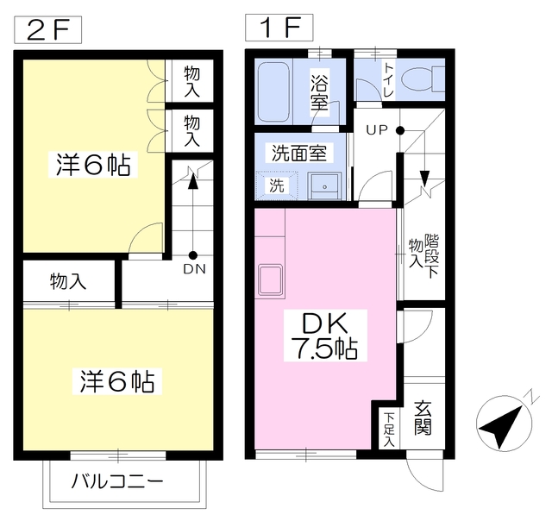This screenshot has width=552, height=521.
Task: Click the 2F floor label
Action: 48,30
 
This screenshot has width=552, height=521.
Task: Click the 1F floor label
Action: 279,28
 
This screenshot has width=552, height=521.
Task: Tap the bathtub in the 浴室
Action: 273,92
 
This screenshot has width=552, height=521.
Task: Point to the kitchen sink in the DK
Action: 270,279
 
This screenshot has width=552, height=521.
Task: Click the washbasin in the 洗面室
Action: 324,185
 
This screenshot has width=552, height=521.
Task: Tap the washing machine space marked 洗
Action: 277,185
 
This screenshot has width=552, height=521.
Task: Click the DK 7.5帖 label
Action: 325,336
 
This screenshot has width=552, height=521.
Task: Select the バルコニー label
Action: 117,481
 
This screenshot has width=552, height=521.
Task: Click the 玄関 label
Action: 423,418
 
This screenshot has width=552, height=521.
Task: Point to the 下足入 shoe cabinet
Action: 389,429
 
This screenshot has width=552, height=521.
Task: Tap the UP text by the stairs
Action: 377,130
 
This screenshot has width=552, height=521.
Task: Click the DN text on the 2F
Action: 194,269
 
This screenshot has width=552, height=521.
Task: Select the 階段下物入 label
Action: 424,256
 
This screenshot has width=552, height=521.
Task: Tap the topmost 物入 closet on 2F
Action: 190,80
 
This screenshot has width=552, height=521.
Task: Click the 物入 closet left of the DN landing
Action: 69,281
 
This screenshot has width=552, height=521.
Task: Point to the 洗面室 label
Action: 299,153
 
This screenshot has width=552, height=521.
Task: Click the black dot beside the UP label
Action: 400,130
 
